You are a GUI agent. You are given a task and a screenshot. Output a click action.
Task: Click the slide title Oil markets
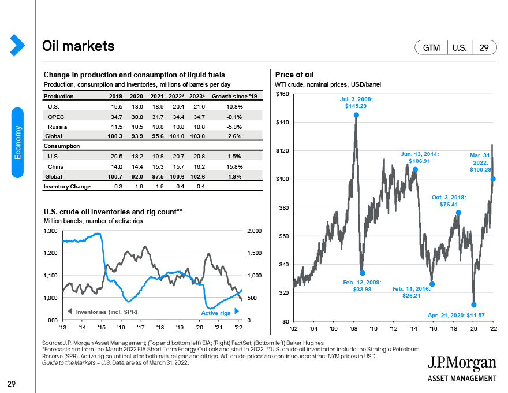pyautogui.click(x=79, y=46)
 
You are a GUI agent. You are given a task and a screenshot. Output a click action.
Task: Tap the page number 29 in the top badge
pyautogui.click(x=484, y=48)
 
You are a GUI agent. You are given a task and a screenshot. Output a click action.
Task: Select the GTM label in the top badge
pyautogui.click(x=431, y=48)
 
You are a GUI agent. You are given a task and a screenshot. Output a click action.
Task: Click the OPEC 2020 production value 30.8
pyautogui.click(x=136, y=116)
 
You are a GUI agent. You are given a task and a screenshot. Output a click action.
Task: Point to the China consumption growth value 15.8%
pyautogui.click(x=234, y=166)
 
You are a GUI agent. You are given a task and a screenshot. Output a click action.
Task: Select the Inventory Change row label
pyautogui.click(x=68, y=187)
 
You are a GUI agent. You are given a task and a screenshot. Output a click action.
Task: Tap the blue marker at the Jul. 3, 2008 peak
pyautogui.click(x=356, y=115)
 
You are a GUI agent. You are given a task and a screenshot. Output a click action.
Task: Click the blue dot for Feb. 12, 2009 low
pyautogui.click(x=363, y=273)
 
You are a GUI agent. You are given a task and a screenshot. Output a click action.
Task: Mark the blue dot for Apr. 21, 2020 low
pyautogui.click(x=473, y=305)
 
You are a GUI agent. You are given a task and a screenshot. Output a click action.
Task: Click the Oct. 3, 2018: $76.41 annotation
pyautogui.click(x=449, y=201)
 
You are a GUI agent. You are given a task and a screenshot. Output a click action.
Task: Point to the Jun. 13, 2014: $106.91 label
pyautogui.click(x=420, y=158)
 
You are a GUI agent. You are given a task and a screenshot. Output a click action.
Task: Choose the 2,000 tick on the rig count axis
pyautogui.click(x=255, y=231)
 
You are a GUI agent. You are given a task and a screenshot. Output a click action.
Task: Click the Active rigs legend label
pyautogui.click(x=215, y=313)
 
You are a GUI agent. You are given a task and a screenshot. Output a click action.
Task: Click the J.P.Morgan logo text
pyautogui.click(x=461, y=363)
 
